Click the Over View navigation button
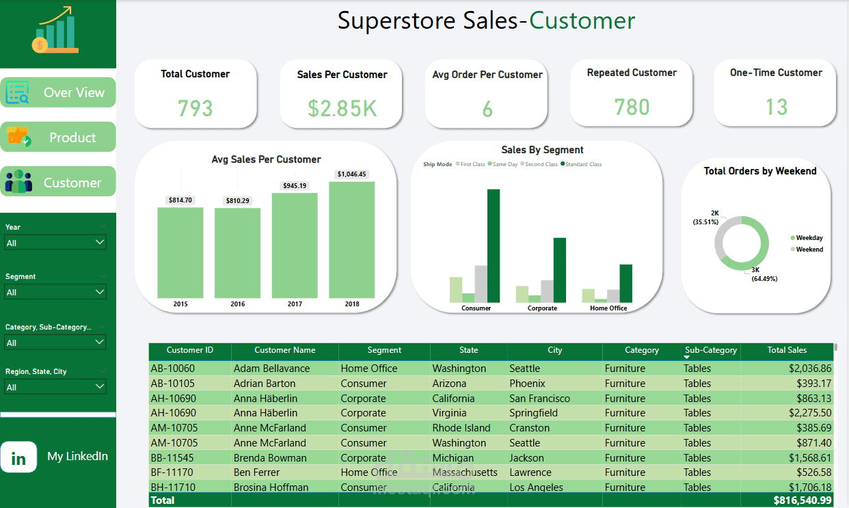(58, 92)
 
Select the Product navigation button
(58, 137)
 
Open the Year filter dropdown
(55, 243)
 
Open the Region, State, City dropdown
(55, 387)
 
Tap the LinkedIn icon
(18, 457)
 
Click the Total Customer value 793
(196, 108)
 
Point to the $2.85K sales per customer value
(342, 108)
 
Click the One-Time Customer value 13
(776, 107)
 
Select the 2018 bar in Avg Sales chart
(351, 239)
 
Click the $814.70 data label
(180, 200)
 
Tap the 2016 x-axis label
(237, 304)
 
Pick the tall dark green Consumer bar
(493, 245)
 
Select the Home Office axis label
(608, 308)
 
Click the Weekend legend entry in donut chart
(809, 250)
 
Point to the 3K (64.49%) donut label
(764, 274)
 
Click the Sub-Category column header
(711, 350)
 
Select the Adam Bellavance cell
(271, 369)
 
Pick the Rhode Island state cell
(461, 428)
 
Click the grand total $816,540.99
(802, 500)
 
